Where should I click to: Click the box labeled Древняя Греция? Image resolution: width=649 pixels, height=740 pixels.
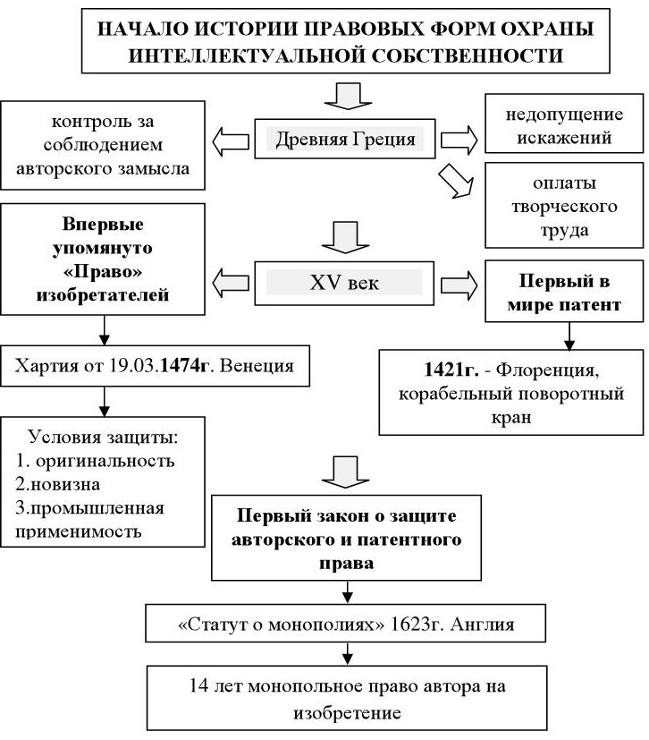pyautogui.click(x=344, y=140)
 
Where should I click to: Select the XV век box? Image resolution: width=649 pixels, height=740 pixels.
pyautogui.click(x=344, y=282)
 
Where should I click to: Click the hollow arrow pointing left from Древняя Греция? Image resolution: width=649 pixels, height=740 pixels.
pyautogui.click(x=231, y=140)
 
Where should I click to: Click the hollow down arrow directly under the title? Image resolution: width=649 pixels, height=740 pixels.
pyautogui.click(x=344, y=93)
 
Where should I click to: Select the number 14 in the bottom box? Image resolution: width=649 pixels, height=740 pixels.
pyautogui.click(x=199, y=688)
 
